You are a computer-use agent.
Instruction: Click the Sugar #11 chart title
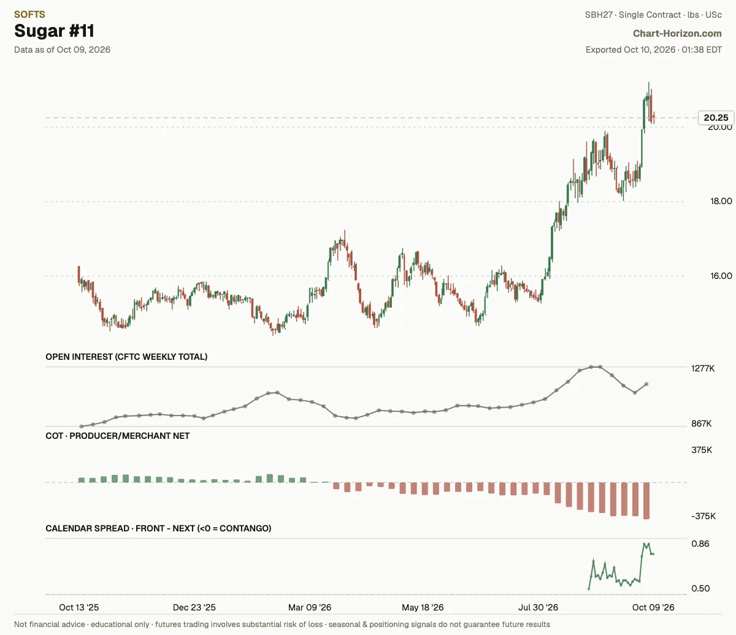[x=54, y=31]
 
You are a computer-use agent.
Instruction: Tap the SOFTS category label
[x=29, y=14]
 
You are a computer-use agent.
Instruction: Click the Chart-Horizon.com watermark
[x=677, y=34]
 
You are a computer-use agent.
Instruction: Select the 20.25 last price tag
[x=716, y=118]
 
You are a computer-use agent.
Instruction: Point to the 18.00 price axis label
[x=721, y=201]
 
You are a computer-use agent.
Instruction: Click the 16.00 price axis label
[x=721, y=276]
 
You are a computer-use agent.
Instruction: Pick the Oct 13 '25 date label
[x=79, y=607]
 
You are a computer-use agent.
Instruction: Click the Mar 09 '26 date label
[x=309, y=607]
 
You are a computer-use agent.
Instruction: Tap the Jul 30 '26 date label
[x=538, y=607]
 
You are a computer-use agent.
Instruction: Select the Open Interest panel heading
[x=126, y=357]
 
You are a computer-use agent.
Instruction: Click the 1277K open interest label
[x=703, y=368]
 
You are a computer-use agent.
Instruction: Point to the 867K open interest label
[x=702, y=424]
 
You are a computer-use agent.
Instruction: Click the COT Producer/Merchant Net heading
[x=118, y=436]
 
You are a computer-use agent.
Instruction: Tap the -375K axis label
[x=703, y=516]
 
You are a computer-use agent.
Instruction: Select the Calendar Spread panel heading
[x=158, y=528]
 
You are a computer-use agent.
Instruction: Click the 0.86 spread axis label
[x=700, y=544]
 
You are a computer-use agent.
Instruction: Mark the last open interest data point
[x=646, y=384]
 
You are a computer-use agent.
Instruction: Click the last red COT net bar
[x=646, y=500]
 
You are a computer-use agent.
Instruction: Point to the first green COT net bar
[x=81, y=480]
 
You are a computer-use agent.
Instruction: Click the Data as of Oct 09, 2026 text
[x=62, y=50]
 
